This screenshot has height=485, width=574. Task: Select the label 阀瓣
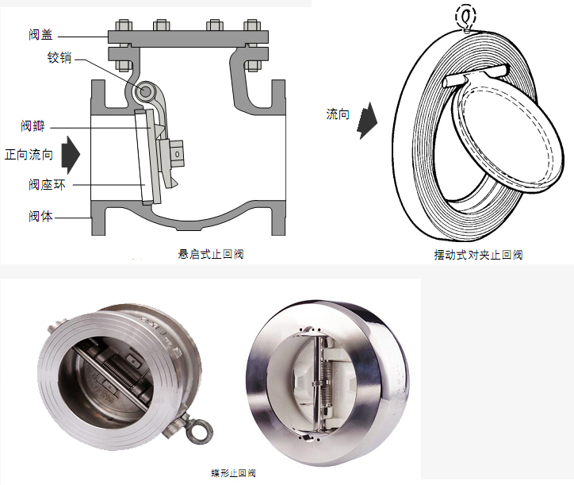33,126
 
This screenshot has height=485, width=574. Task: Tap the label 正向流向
29,155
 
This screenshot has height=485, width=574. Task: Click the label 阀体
40,215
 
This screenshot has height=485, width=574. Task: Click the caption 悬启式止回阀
210,254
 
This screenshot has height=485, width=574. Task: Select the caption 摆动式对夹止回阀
478,255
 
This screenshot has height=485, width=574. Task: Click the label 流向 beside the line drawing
338,114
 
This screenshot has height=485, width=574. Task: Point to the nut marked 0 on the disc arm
178,152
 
